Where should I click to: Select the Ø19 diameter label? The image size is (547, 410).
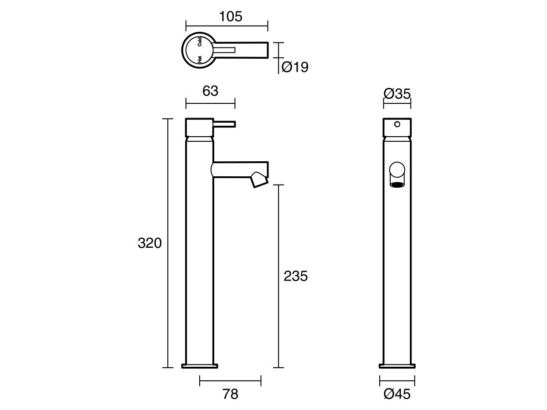tap(295, 67)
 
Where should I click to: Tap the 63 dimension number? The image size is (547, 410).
tap(210, 91)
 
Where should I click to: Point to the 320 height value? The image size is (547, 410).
tap(150, 243)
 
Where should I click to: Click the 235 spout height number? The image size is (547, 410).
tap(296, 276)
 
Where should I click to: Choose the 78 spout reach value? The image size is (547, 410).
tap(231, 394)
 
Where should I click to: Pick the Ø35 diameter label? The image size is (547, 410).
tap(397, 94)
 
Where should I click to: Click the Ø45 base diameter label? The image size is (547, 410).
tap(397, 394)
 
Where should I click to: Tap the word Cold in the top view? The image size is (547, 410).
tap(200, 42)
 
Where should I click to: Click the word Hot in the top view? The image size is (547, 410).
tap(200, 58)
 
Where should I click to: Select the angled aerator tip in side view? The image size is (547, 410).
tap(259, 179)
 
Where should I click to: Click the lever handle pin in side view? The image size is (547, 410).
tap(224, 123)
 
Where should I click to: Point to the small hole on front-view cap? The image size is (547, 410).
tap(397, 124)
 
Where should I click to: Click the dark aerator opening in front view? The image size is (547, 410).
tap(397, 185)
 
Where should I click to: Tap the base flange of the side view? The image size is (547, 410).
tap(200, 365)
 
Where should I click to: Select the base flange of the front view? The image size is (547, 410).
tap(397, 365)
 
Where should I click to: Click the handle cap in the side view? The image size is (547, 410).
tap(199, 128)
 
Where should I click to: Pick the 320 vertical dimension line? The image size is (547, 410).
tap(168, 296)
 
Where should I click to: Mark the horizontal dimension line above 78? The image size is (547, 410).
tap(231, 380)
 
